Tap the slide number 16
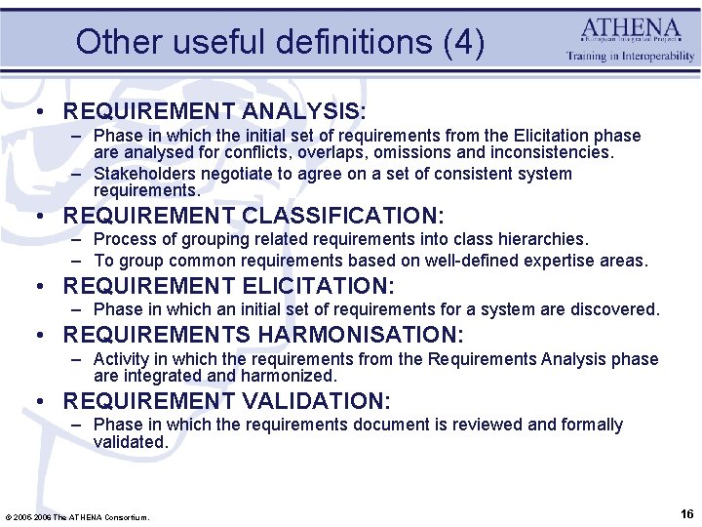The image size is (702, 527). pos(685,513)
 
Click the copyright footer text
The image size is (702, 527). pos(78,517)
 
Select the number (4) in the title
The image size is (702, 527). pos(462,42)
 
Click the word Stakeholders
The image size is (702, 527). pos(138,174)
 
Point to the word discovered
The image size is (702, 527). pos(613,309)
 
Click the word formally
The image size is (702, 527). pos(590,425)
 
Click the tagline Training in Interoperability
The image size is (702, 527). pos(631,57)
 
